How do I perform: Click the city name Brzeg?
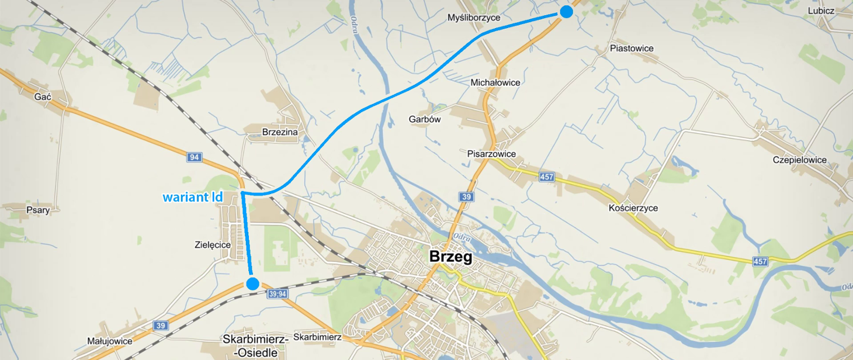[x=450, y=257]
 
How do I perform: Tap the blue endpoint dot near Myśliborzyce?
[x=566, y=12]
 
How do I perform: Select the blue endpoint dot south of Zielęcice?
[x=252, y=283]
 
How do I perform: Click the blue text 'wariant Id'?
[x=192, y=198]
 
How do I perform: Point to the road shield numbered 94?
[x=195, y=157]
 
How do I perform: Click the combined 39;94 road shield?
[x=278, y=295]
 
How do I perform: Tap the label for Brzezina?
[x=280, y=132]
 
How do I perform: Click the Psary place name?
[x=38, y=209]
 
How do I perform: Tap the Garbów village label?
[x=424, y=119]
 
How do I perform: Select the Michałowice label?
[x=495, y=82]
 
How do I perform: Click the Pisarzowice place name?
[x=491, y=154]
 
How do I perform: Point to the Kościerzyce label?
[x=633, y=208]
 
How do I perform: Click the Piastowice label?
[x=631, y=49]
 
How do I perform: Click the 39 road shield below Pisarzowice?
[x=465, y=197]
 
